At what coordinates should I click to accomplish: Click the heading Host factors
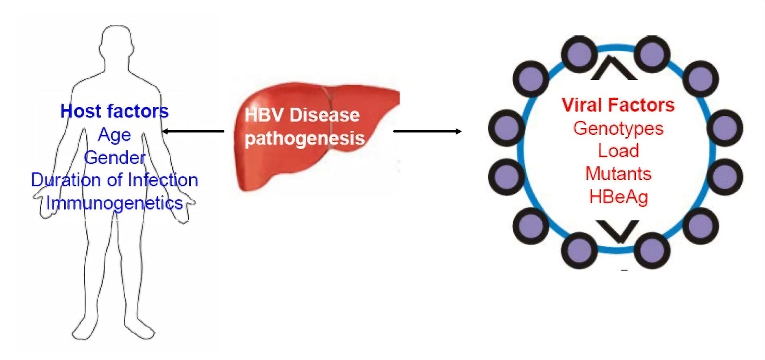[x=114, y=111]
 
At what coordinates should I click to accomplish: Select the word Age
[x=114, y=135]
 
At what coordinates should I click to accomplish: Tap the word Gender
[x=115, y=157]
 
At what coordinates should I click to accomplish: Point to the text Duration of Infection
[x=114, y=180]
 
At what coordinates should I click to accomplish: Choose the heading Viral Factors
[x=618, y=105]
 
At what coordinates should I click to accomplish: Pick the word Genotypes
[x=618, y=128]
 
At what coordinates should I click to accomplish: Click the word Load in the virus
[x=618, y=151]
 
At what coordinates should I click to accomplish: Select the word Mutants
[x=618, y=173]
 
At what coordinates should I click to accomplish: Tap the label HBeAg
[x=618, y=197]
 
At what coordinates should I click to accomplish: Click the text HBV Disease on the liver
[x=302, y=115]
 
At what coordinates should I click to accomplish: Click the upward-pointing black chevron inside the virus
[x=613, y=69]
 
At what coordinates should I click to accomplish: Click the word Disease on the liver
[x=324, y=115]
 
